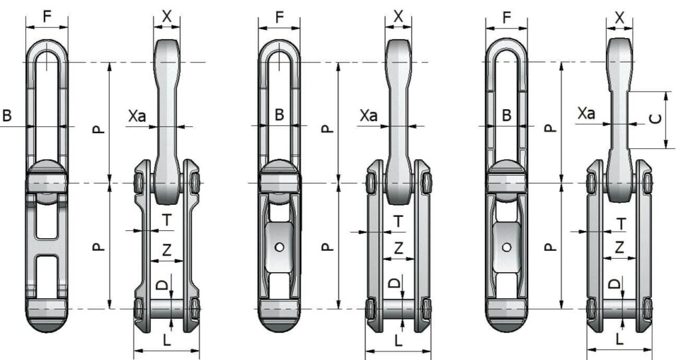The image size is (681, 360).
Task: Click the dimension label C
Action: (655, 119)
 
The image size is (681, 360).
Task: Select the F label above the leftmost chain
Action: (47, 17)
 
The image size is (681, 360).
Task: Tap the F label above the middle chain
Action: (279, 17)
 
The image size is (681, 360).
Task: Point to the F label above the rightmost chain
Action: (507, 17)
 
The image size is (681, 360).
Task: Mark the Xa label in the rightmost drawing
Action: (586, 114)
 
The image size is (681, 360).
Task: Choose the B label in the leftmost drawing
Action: (7, 116)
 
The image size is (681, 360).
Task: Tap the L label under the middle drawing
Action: (398, 340)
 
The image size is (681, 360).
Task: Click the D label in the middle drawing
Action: (394, 283)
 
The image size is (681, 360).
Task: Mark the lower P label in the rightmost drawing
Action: (549, 247)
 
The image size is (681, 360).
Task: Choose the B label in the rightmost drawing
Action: (507, 115)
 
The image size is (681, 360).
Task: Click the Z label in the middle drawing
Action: (398, 248)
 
